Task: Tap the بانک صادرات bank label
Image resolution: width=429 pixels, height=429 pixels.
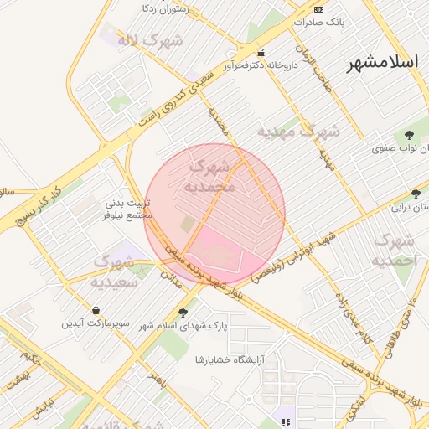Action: coord(344,20)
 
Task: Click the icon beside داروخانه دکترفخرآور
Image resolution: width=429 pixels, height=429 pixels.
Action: coord(260,52)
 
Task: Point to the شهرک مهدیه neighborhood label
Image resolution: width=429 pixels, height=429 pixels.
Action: coord(297,132)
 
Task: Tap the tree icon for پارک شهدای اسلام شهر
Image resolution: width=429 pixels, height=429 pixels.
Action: coord(183,313)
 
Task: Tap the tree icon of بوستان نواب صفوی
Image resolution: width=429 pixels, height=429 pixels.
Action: coord(409,134)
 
